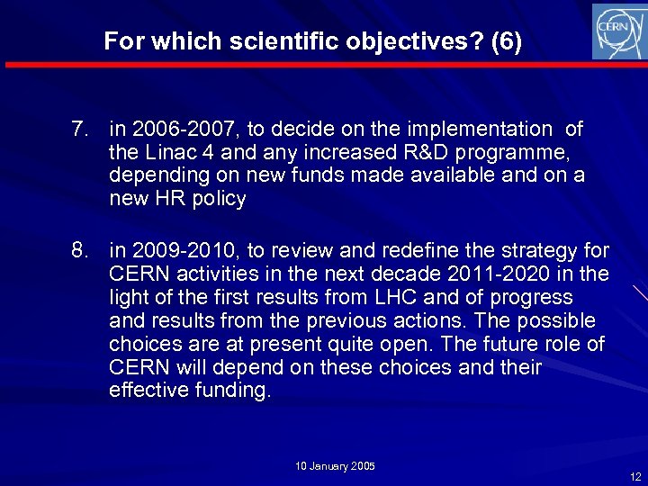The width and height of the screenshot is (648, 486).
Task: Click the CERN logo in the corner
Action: click(618, 31)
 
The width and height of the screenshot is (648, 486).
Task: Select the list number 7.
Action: click(81, 130)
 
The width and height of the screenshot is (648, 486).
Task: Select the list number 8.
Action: click(81, 250)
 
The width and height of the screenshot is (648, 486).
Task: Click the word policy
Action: click(219, 200)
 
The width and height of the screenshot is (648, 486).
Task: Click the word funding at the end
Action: click(226, 391)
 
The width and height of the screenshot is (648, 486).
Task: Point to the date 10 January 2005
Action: click(335, 466)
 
